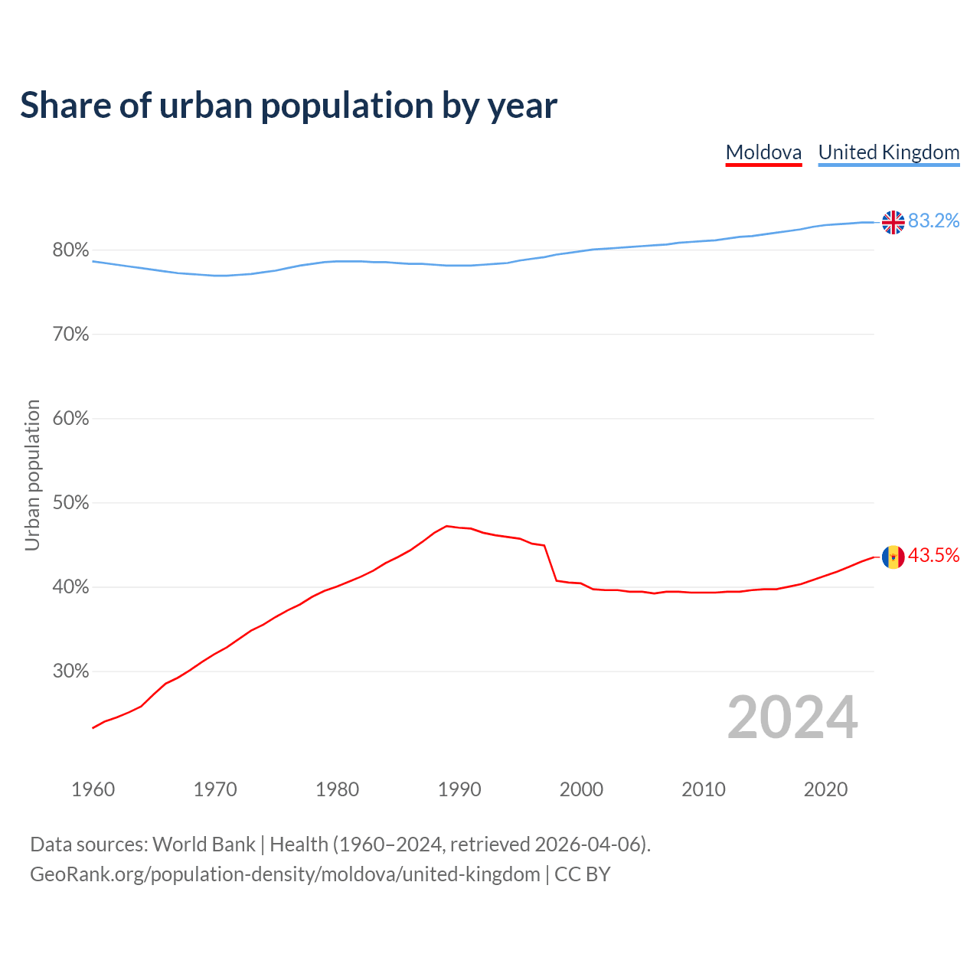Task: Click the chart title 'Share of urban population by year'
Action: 289,106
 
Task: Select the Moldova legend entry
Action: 763,152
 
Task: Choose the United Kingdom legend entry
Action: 888,152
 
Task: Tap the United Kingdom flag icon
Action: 893,222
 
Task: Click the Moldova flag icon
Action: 893,557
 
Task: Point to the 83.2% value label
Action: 933,221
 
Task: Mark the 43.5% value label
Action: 933,556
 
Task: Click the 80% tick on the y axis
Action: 70,250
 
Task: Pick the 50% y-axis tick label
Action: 70,503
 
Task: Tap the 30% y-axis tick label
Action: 70,671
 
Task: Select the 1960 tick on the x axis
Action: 93,789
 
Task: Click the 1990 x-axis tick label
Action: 459,789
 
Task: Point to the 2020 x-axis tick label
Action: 825,789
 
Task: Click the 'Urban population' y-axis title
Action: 32,475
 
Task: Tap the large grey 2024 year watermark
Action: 792,717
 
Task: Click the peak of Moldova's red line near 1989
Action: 447,526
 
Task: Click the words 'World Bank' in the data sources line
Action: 204,844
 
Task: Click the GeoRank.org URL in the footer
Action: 285,874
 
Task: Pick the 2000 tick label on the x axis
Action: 581,789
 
